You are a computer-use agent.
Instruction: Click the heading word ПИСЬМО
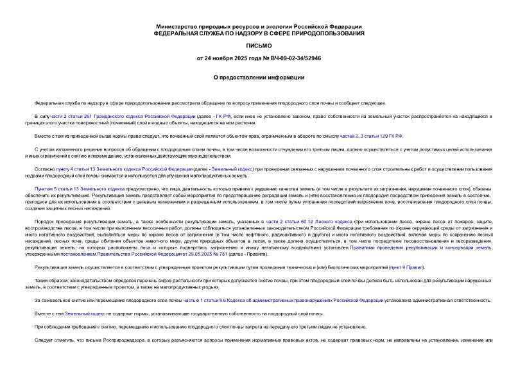point(259,46)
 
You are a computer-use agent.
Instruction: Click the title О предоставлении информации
point(259,77)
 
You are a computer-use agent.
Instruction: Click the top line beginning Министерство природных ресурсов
point(259,25)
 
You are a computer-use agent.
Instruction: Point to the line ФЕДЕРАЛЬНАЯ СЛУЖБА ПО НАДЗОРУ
point(259,32)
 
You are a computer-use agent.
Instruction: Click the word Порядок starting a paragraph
point(44,220)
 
